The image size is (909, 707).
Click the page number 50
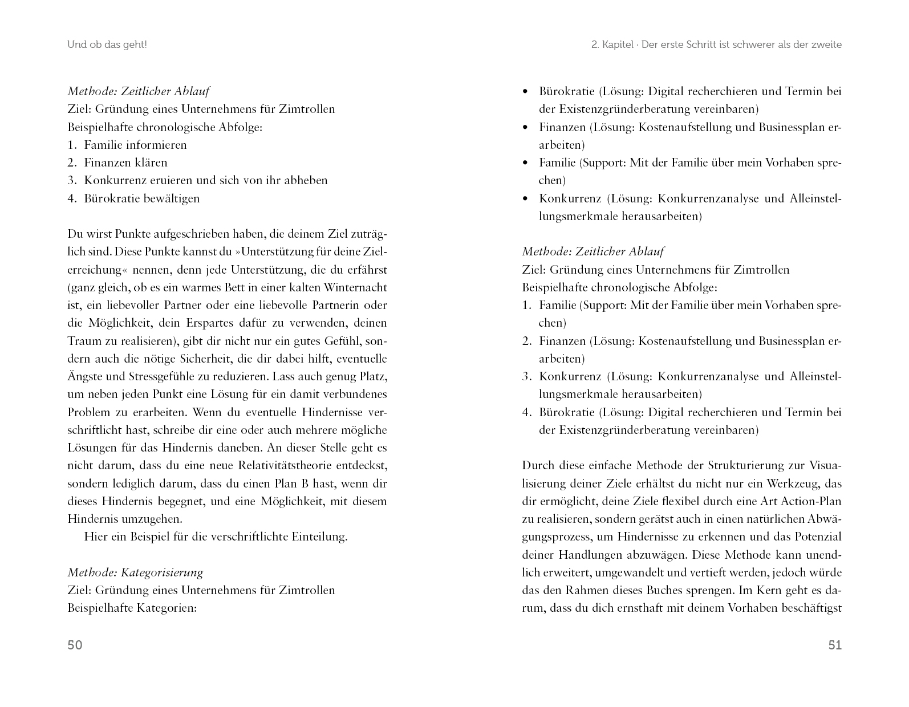[x=75, y=645]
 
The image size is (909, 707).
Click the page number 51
[x=834, y=645]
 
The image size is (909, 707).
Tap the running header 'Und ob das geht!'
[x=107, y=44]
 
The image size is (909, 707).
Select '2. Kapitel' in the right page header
[x=612, y=44]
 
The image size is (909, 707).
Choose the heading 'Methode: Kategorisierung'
[x=135, y=572]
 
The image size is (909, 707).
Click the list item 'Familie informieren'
[x=135, y=145]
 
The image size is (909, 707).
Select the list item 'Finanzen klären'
[x=125, y=162]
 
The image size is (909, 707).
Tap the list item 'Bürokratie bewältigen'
[x=141, y=198]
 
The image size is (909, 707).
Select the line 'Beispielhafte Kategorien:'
[x=132, y=608]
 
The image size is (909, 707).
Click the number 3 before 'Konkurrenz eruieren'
[x=71, y=180]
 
